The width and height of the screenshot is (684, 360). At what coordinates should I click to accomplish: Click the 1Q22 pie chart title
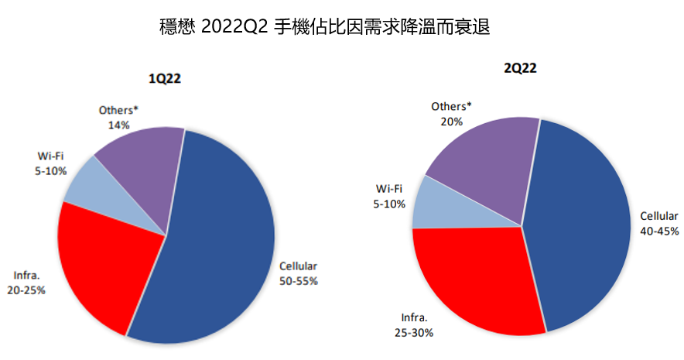[x=165, y=78]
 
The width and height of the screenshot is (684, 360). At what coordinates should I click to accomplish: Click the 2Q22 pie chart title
[x=520, y=68]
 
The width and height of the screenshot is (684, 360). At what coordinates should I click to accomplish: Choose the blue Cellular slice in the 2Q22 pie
[x=580, y=225]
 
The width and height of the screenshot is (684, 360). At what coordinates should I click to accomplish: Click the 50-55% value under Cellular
[x=299, y=281]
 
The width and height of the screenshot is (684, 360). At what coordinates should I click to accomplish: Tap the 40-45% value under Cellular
[x=659, y=231]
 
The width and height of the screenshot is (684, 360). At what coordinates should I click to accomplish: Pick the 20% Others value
[x=452, y=121]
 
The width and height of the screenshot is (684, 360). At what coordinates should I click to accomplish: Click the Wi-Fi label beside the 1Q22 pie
[x=50, y=156]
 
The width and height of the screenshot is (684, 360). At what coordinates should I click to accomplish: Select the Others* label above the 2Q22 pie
[x=451, y=106]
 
